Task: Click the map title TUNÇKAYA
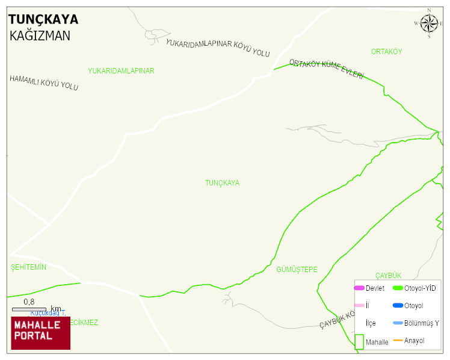coord(43,20)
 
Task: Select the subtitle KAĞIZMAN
coord(40,36)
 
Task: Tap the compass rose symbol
coord(429,23)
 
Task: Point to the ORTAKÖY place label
coord(386,52)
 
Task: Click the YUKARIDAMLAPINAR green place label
coord(121,71)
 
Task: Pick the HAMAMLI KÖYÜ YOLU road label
coord(44,84)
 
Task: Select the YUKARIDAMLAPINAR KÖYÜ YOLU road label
coord(217,48)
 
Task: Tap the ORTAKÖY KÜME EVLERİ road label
coord(326,69)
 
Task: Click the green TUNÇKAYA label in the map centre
coord(222,183)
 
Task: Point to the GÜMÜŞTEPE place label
coord(297,270)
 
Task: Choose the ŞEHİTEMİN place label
coord(28,267)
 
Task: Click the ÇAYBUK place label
coord(388,276)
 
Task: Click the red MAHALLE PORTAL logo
coord(41,333)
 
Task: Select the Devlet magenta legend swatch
coord(359,288)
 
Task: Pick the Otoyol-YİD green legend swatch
coord(398,288)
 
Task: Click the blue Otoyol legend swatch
coord(398,306)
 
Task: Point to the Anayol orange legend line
coord(398,341)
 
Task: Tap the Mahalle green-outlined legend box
coord(359,341)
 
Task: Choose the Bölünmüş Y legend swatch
coord(398,323)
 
